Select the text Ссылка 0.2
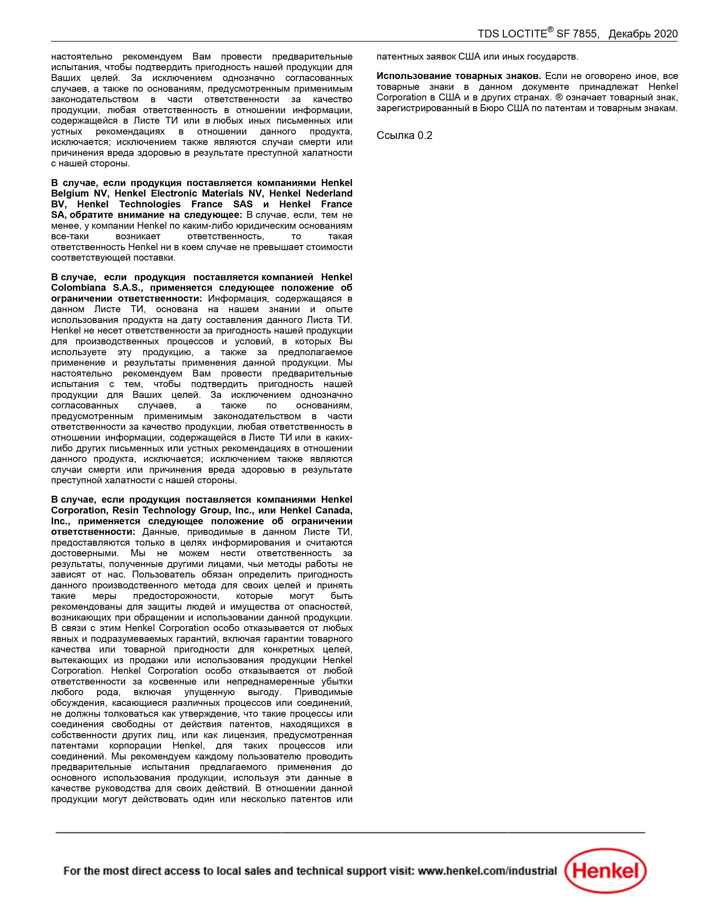[404, 135]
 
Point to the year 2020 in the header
[665, 34]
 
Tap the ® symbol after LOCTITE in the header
[550, 30]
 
